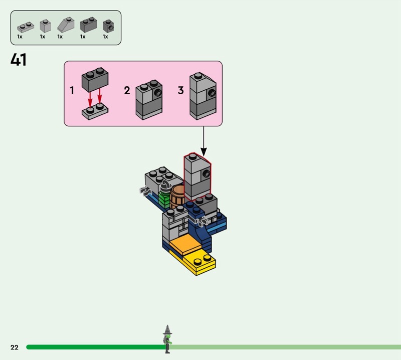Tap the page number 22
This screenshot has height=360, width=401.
click(14, 347)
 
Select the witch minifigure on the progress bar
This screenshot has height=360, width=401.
click(167, 339)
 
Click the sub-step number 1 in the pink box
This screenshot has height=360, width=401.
click(72, 91)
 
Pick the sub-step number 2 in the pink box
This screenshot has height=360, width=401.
click(127, 91)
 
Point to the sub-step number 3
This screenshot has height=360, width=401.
click(180, 91)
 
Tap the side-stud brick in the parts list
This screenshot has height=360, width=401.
click(108, 26)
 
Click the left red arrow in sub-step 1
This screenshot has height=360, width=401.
click(90, 98)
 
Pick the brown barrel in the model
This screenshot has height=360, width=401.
click(178, 198)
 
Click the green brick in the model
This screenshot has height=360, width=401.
click(164, 199)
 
